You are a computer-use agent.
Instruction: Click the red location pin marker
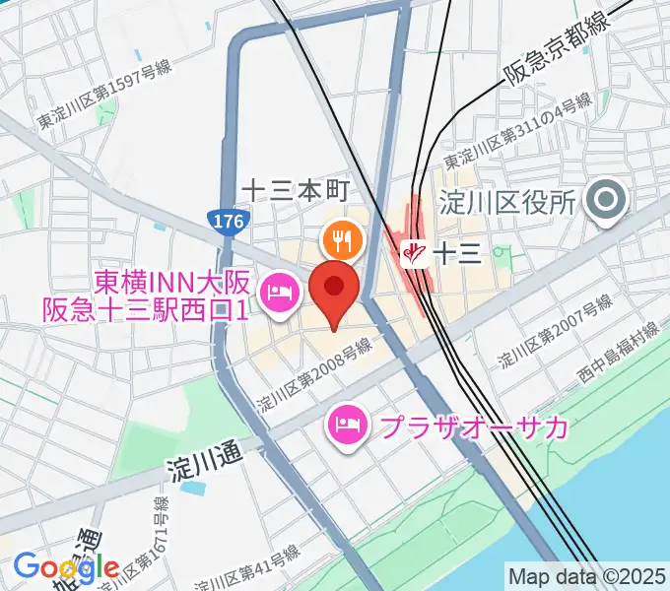[x=334, y=289]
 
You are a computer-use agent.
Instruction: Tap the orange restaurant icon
[x=343, y=239]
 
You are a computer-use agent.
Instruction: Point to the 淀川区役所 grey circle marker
[x=605, y=202]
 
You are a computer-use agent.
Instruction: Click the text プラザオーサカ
[x=474, y=427]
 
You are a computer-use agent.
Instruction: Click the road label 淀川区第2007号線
[x=549, y=332]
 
